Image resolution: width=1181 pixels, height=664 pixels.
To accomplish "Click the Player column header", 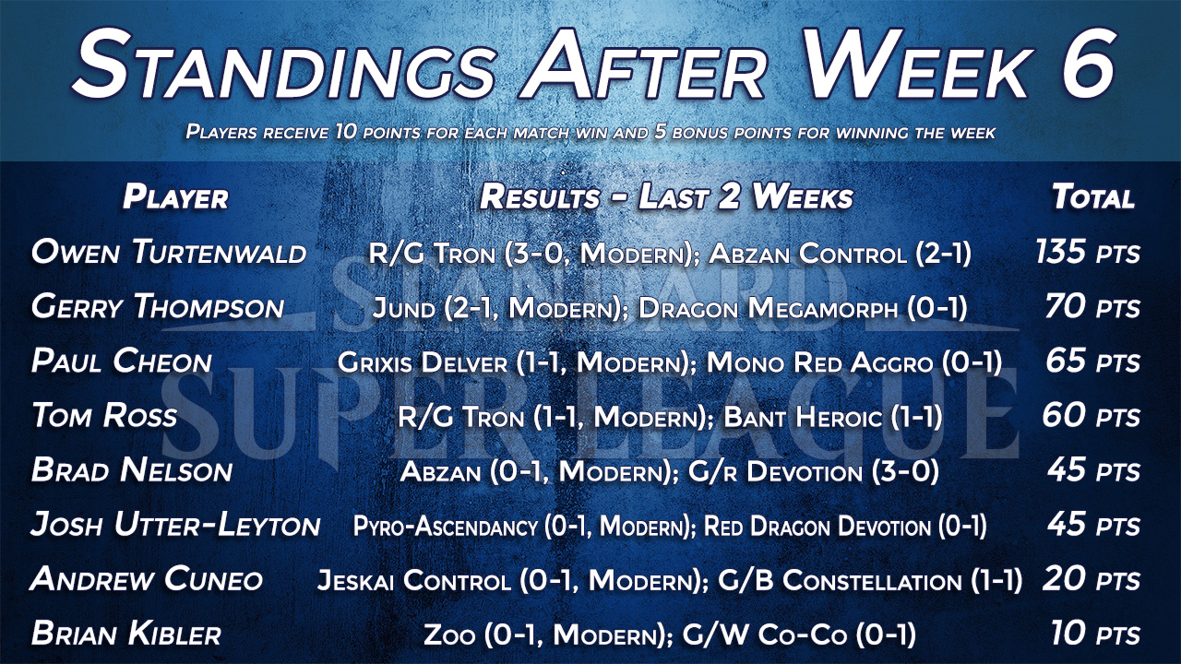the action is [175, 197].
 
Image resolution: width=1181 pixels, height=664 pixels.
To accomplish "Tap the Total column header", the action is [1093, 197].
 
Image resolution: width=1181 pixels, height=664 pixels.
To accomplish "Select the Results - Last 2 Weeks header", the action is [666, 197].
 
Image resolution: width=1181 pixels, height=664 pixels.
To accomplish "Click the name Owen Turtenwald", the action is [169, 252].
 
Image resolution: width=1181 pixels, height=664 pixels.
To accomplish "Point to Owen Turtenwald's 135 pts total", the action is [1088, 252].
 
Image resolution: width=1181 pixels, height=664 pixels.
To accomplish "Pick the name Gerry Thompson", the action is [158, 307].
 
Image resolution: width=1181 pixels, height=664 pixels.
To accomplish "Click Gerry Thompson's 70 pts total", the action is [1092, 307].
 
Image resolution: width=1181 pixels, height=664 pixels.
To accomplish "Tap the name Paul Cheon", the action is [121, 362].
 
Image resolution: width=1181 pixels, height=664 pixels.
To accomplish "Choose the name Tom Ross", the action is [104, 415].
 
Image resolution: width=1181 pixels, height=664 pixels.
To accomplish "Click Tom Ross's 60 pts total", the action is [1091, 415].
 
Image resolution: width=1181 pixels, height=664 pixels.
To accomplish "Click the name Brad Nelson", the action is [132, 470].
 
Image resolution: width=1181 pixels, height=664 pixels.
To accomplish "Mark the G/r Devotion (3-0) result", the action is [814, 471].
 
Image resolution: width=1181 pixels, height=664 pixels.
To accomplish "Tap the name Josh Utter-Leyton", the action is [175, 525].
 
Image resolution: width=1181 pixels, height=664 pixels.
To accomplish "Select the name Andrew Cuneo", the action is [147, 578].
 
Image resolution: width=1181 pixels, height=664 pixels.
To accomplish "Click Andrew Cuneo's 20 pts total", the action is [1092, 580].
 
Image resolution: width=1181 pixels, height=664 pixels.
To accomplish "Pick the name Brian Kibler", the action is [126, 634].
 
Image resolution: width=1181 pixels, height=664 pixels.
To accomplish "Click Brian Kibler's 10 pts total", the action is [1095, 634].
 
